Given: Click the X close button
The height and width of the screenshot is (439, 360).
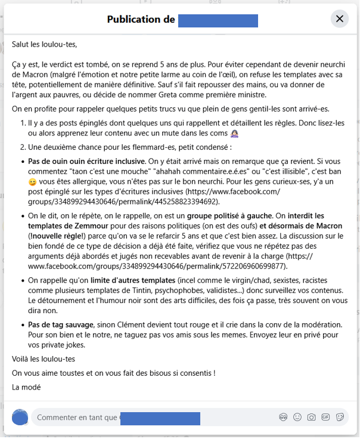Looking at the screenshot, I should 340,19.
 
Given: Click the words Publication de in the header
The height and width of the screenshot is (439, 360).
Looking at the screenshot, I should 141,20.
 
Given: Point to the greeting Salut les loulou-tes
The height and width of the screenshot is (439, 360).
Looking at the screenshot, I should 45,44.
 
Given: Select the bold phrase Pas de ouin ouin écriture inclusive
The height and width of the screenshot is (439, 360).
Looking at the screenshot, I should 87,161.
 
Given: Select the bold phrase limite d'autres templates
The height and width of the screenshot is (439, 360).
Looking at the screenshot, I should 123,280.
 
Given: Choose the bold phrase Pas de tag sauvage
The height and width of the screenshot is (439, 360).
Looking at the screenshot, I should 60,324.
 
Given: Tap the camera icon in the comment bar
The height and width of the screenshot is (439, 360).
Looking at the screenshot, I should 311,418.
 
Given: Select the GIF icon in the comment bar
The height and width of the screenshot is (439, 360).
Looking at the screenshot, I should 325,418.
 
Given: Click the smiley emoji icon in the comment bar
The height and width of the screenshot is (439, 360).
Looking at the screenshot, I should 296,418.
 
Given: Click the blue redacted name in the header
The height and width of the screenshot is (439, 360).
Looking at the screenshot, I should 218,20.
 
